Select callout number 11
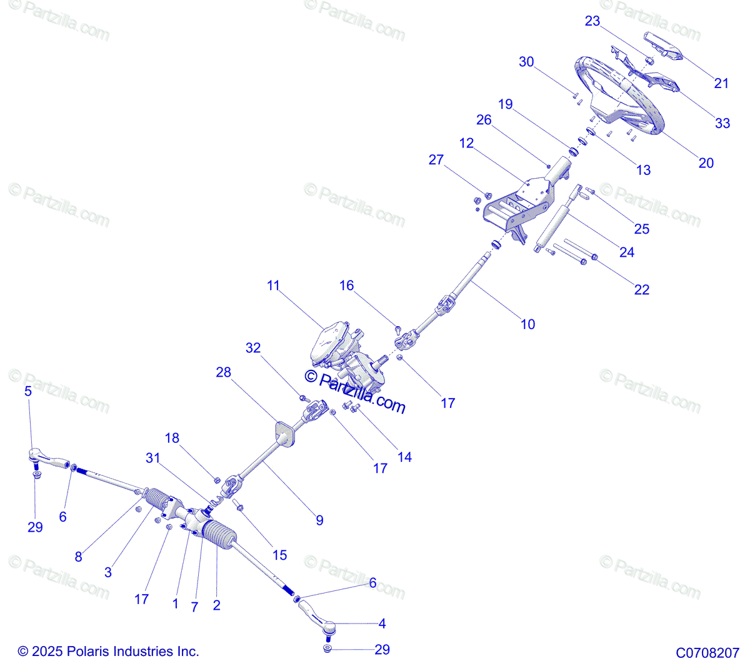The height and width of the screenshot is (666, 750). click(273, 286)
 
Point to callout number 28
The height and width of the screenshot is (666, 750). click(223, 372)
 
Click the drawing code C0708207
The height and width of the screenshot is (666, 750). click(707, 653)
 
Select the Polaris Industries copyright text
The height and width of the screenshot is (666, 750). click(108, 651)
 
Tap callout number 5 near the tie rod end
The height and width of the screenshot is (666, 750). click(28, 392)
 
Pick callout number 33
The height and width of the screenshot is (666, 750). click(722, 123)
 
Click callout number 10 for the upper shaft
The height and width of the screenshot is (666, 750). click(527, 324)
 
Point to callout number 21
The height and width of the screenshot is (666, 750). click(721, 83)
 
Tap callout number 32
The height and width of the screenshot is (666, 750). click(253, 348)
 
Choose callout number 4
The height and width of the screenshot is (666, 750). click(382, 624)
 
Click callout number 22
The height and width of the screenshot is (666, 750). click(641, 290)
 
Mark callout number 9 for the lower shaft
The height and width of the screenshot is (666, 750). click(319, 520)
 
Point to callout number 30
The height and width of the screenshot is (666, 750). click(526, 62)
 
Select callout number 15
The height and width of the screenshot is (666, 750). click(279, 555)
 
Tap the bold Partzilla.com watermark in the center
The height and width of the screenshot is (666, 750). click(354, 392)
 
